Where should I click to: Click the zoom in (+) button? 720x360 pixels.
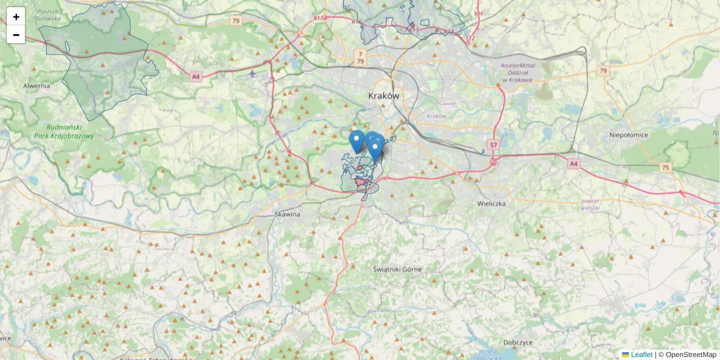pyautogui.click(x=16, y=16)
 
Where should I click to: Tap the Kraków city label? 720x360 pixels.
pyautogui.click(x=383, y=96)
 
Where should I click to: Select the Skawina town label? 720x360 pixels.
pyautogui.click(x=287, y=214)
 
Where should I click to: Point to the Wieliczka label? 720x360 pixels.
pyautogui.click(x=492, y=204)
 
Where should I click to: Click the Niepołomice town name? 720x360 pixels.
pyautogui.click(x=629, y=135)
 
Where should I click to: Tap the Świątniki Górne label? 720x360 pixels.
pyautogui.click(x=397, y=269)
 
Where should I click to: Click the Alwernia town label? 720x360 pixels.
pyautogui.click(x=37, y=86)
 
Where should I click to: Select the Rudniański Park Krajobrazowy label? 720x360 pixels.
pyautogui.click(x=70, y=131)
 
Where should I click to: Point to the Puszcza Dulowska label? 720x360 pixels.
pyautogui.click(x=48, y=15)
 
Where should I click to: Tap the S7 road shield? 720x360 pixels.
pyautogui.click(x=493, y=145)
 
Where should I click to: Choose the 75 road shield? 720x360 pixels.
pyautogui.click(x=665, y=167)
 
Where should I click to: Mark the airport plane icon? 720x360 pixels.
pyautogui.click(x=253, y=74)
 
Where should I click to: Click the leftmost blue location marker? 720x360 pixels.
pyautogui.click(x=356, y=142)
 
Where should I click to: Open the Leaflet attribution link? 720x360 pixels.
pyautogui.click(x=641, y=355)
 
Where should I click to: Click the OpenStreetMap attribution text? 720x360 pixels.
pyautogui.click(x=690, y=355)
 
